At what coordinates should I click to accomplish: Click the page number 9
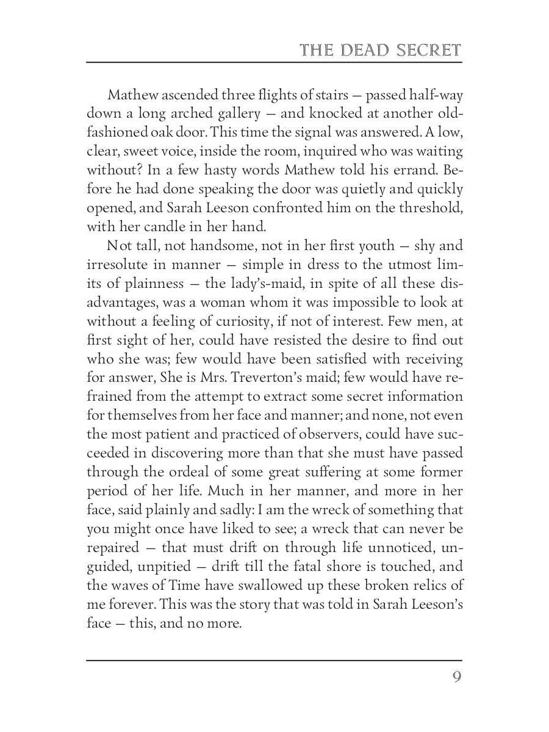click(457, 678)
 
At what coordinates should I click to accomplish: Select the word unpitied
click(164, 567)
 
